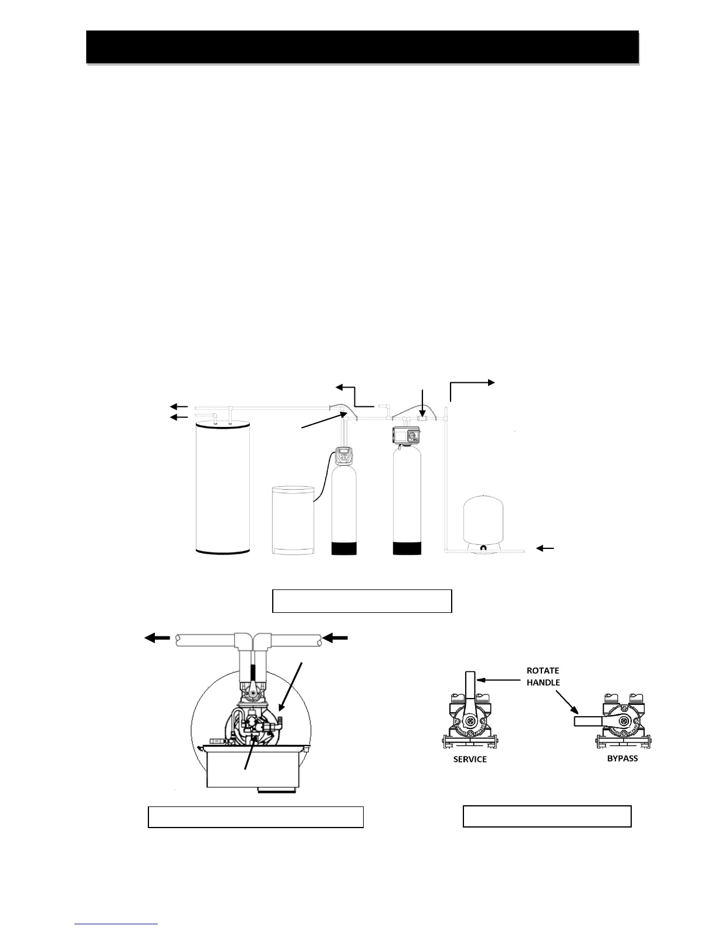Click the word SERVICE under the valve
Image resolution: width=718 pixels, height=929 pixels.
pos(470,759)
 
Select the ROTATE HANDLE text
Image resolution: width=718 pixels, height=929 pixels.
pos(543,676)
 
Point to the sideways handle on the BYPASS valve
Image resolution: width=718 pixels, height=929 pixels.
pos(590,721)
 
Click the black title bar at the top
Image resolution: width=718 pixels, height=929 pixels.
pos(362,47)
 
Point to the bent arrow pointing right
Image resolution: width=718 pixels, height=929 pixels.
pos(471,389)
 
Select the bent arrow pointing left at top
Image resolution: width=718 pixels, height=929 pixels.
pos(354,394)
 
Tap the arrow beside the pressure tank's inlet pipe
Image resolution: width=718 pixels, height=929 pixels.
pos(546,548)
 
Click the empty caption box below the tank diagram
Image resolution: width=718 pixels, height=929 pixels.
pos(362,601)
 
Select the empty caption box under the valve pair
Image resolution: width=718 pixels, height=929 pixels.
pos(547,816)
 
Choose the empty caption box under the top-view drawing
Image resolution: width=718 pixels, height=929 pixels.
pos(255,817)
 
